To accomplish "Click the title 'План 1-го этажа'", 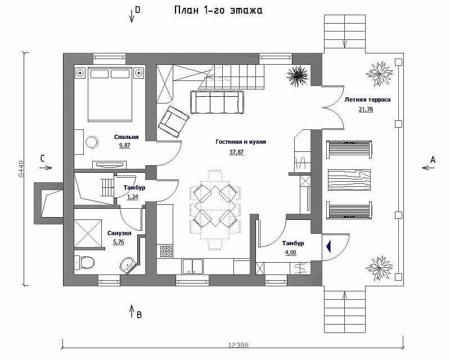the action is pyautogui.click(x=218, y=10).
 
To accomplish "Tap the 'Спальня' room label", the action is pyautogui.click(x=126, y=137).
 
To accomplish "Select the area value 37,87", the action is pyautogui.click(x=236, y=152).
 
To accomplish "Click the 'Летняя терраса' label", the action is pyautogui.click(x=367, y=100).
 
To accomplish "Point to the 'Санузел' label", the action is pyautogui.click(x=119, y=233).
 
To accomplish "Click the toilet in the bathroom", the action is pyautogui.click(x=84, y=262).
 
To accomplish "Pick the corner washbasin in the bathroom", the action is pyautogui.click(x=128, y=265).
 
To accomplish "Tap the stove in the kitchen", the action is pyautogui.click(x=166, y=251).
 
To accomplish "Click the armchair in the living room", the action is pyautogui.click(x=173, y=120).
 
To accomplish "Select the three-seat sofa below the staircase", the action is pyautogui.click(x=217, y=102).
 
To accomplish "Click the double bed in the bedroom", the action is pyautogui.click(x=110, y=94).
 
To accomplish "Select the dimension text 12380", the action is pyautogui.click(x=238, y=345).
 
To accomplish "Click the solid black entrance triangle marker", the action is pyautogui.click(x=328, y=246).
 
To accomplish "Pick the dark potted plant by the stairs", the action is pyautogui.click(x=298, y=75).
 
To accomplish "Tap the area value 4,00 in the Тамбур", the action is pyautogui.click(x=291, y=253).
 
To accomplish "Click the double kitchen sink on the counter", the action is pyautogui.click(x=192, y=267).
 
